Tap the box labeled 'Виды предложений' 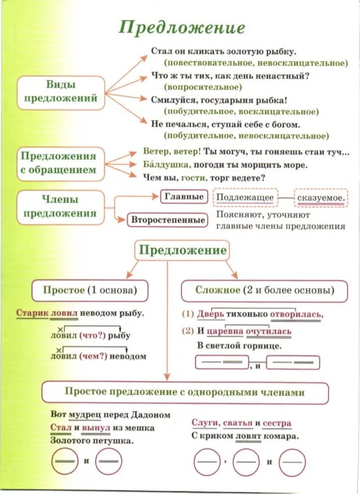(61, 91)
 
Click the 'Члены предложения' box (60, 206)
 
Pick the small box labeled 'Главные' (183, 196)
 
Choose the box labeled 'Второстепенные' (168, 219)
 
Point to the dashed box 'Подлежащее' (245, 197)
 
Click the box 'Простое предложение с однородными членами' (185, 392)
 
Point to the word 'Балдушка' (164, 165)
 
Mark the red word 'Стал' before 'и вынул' (60, 428)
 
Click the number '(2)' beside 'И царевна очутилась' (187, 331)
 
